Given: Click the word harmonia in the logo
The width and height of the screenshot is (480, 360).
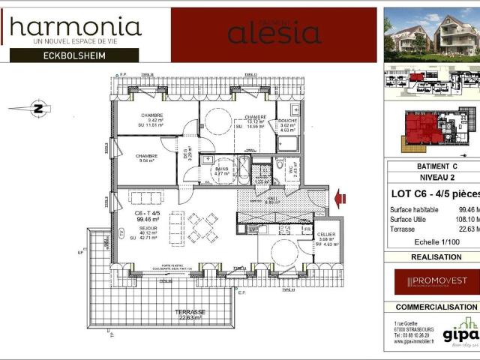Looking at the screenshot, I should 75,27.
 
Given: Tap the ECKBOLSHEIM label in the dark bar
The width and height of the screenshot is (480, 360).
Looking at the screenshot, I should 73,55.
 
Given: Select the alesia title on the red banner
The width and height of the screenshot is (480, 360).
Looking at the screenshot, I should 274,32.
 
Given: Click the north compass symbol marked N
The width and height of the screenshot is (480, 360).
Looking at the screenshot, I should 37,108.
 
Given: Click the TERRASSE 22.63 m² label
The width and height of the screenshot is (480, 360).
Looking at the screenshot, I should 190,314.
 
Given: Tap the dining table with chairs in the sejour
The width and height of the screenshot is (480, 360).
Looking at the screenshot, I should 202,226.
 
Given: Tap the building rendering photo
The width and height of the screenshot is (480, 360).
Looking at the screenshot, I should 431,35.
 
